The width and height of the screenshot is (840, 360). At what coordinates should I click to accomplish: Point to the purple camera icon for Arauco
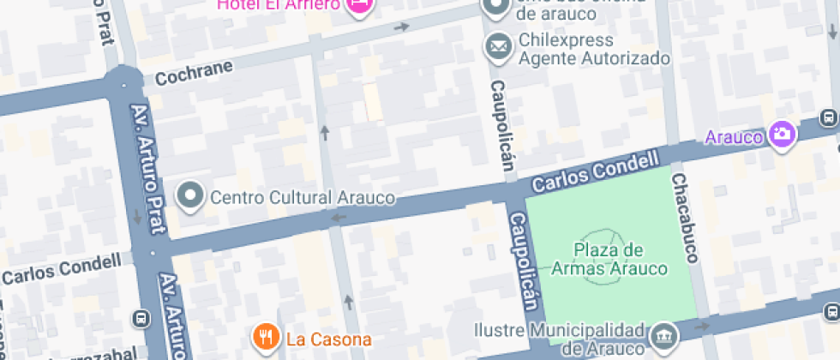coord(782,134)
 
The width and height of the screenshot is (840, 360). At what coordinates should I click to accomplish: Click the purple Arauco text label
coord(735,136)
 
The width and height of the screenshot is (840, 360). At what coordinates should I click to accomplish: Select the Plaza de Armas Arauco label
coord(609,259)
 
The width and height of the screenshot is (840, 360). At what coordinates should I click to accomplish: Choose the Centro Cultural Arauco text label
coord(303,198)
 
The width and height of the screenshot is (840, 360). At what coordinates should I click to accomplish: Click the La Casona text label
coord(329,339)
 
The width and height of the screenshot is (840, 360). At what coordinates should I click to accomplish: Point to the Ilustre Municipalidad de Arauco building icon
coord(663,334)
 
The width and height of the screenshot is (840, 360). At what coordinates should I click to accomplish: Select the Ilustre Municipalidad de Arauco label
coord(561,339)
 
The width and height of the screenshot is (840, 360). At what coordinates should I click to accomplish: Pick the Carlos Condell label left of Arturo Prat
coord(62,268)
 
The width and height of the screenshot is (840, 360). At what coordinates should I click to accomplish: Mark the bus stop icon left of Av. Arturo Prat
coord(140,319)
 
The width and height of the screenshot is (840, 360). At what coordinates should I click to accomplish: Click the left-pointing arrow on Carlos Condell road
coord(339,218)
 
